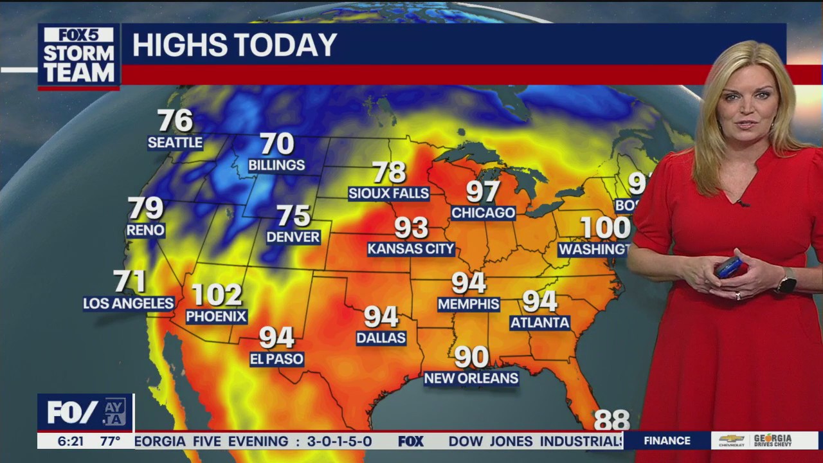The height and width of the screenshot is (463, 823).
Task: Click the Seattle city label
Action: (x=175, y=143)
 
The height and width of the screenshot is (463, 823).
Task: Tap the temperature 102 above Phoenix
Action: (x=217, y=295)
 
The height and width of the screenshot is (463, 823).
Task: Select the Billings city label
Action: (x=276, y=165)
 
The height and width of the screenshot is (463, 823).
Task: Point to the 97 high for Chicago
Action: (x=483, y=192)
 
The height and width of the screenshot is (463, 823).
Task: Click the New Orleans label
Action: (x=471, y=378)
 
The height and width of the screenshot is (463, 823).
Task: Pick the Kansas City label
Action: (x=411, y=249)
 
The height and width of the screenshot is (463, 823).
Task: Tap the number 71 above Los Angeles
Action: (x=129, y=282)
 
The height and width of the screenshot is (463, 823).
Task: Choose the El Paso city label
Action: (x=276, y=359)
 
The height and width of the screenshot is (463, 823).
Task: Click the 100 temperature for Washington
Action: (x=605, y=228)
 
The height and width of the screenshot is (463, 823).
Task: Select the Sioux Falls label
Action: (x=388, y=193)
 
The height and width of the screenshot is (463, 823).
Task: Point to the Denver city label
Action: (x=293, y=237)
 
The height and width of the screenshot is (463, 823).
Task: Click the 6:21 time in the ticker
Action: (x=71, y=441)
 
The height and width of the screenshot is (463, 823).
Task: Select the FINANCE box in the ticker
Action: (x=667, y=440)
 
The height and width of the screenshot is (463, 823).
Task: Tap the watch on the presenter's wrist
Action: (x=787, y=280)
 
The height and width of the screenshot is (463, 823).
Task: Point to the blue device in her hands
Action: (x=729, y=267)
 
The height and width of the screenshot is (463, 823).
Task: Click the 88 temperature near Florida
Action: (x=611, y=420)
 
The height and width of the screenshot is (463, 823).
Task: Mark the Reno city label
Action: (x=146, y=230)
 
